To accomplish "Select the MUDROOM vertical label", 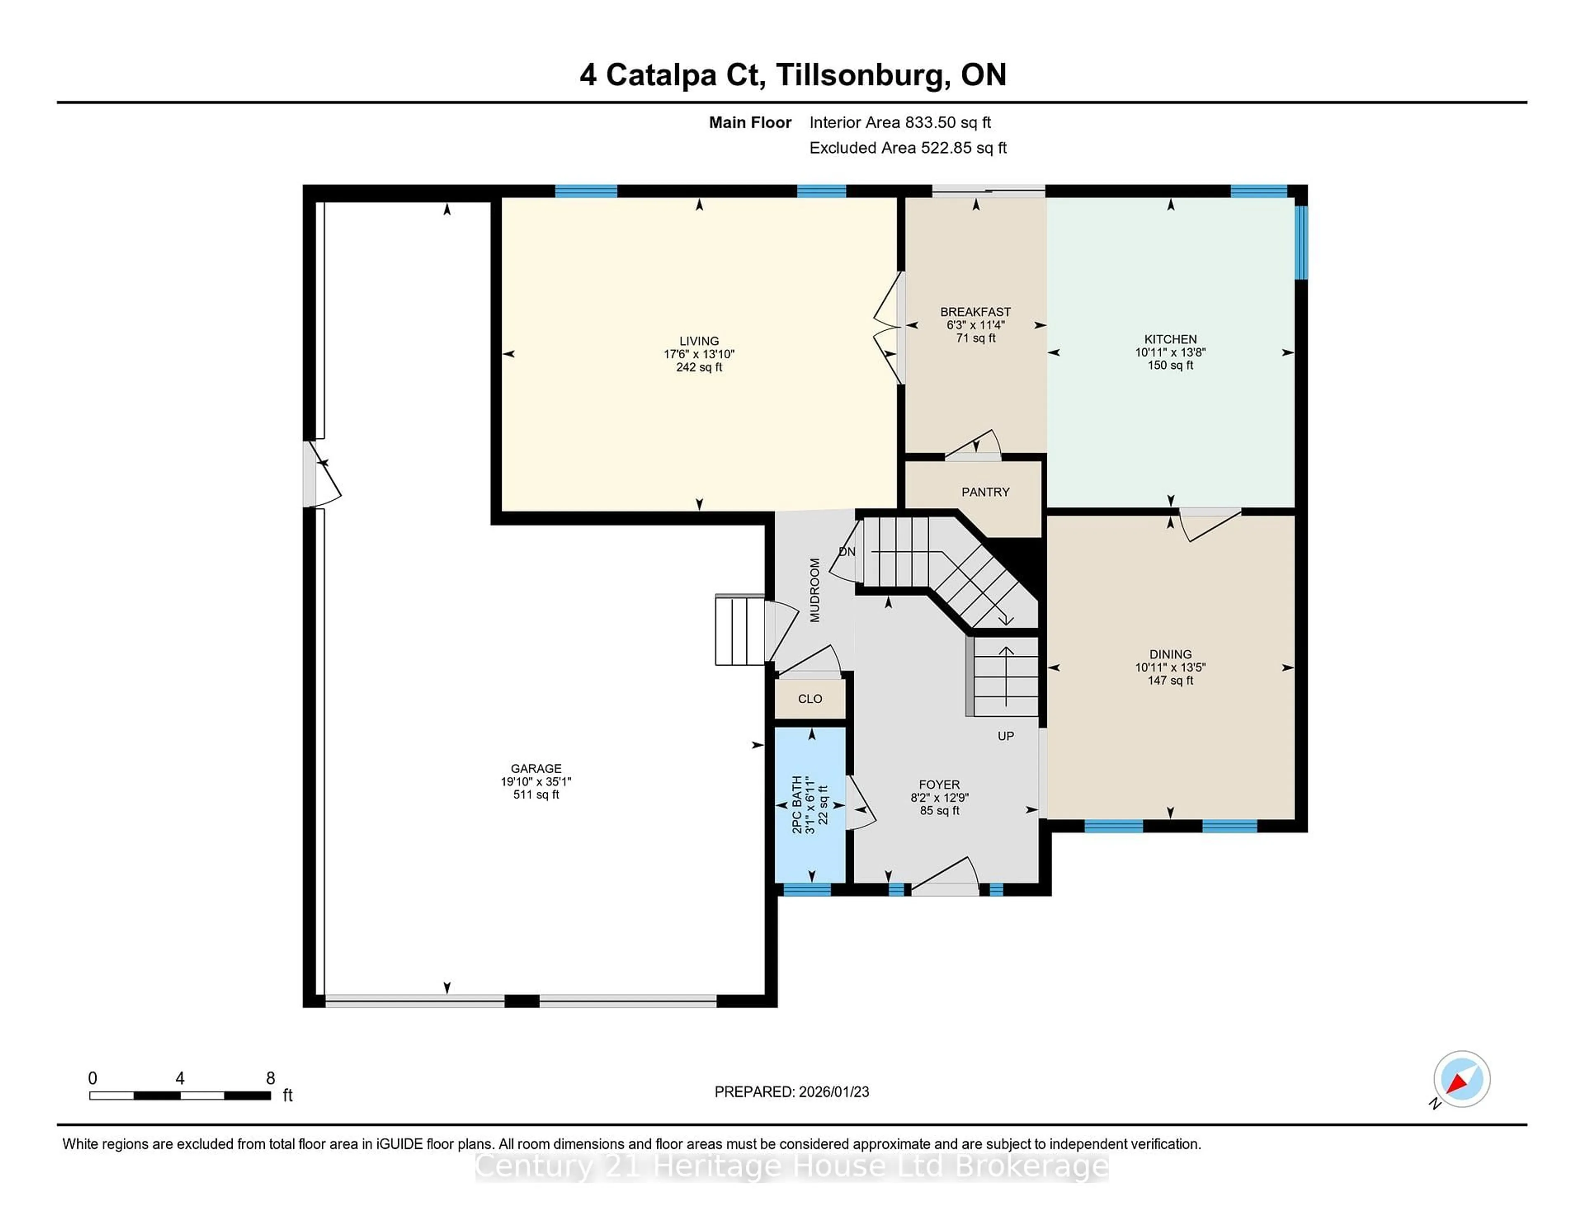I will click(815, 590).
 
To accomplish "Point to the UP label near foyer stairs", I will click(1005, 736).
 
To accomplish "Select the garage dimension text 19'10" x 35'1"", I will click(536, 781).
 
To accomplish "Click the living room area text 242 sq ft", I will click(699, 367).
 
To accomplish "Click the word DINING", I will click(1170, 654).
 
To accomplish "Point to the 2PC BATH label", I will click(797, 805).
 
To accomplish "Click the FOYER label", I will click(939, 784).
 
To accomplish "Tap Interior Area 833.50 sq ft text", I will click(900, 122).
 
